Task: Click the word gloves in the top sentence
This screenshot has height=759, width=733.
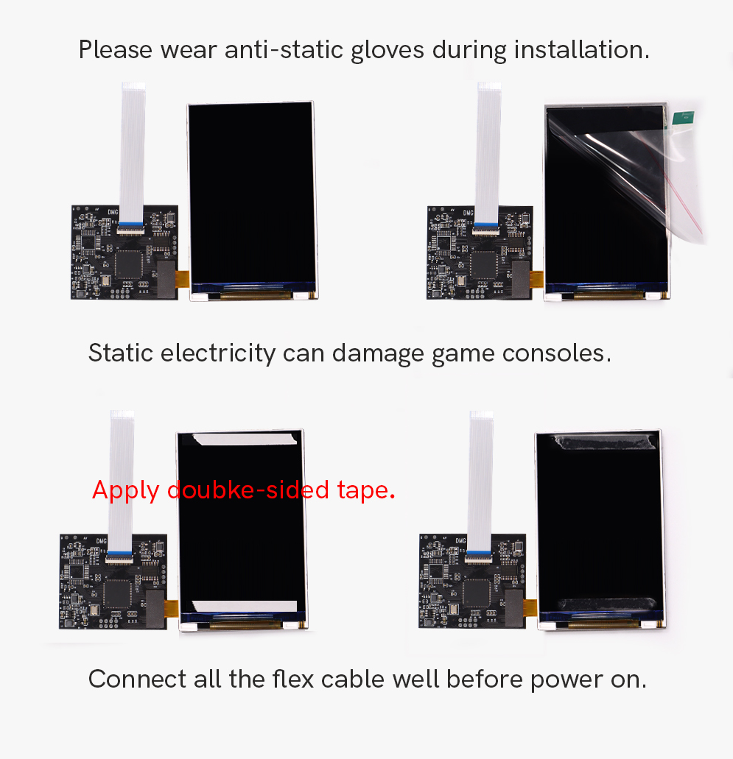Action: click(387, 50)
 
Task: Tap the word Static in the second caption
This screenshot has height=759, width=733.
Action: click(121, 353)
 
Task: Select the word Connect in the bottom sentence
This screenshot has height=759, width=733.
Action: click(137, 679)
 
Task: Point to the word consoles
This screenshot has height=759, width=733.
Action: click(557, 353)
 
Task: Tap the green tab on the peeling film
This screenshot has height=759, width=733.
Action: click(683, 118)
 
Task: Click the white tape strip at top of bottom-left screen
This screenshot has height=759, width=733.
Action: click(245, 439)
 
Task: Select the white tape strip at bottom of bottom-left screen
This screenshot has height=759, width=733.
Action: click(245, 606)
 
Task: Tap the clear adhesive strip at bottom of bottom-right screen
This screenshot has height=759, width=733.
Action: click(606, 604)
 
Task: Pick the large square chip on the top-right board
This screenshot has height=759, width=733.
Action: click(484, 265)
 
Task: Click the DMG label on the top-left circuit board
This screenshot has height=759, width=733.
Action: click(113, 212)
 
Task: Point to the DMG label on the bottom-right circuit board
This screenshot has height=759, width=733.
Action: click(460, 540)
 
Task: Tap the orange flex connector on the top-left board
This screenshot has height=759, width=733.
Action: click(182, 279)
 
